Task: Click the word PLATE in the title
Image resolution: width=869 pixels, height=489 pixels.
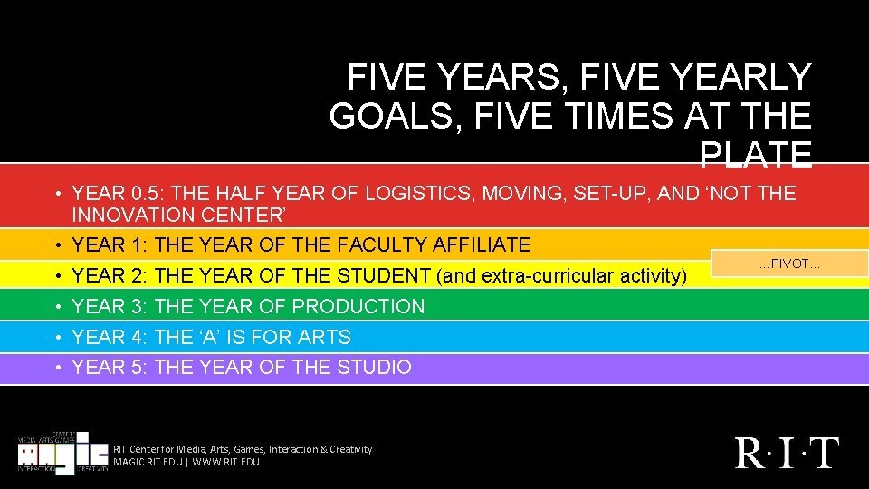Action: [755, 156]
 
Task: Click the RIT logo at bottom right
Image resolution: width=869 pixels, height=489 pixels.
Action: [787, 452]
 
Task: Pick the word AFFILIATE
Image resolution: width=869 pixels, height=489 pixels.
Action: [482, 244]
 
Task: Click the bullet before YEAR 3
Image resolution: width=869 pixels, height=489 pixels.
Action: [57, 307]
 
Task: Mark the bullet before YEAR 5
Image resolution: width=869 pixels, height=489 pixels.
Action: [57, 368]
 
